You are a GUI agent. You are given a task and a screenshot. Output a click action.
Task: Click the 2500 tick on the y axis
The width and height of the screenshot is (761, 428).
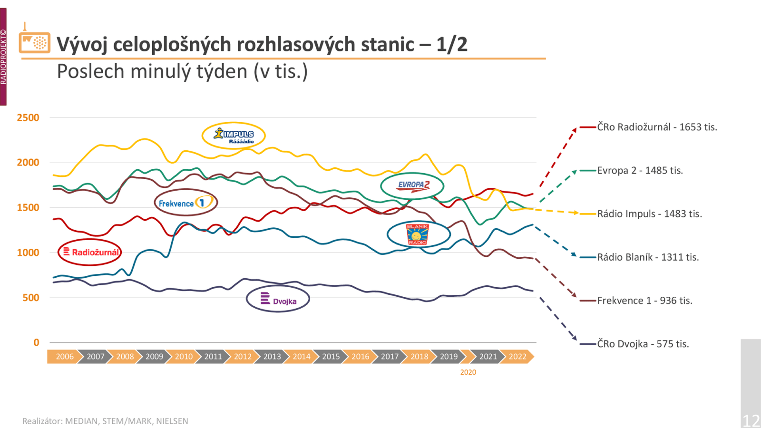pos(28,117)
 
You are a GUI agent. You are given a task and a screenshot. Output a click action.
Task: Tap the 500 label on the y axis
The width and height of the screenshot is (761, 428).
pos(31,298)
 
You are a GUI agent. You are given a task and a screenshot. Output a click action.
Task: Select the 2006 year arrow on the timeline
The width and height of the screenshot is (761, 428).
pos(65,357)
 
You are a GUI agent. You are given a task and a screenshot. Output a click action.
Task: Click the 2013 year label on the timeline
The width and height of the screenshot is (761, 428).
pos(272,357)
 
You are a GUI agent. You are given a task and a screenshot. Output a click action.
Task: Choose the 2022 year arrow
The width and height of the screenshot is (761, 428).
pos(517,357)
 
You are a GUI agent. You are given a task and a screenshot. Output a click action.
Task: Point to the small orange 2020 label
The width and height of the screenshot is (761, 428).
pos(468,372)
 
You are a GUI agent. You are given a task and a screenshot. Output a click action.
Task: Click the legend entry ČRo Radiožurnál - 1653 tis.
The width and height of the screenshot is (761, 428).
pos(657,127)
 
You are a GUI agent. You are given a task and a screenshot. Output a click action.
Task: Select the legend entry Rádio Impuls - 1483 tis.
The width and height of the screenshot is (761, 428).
pos(650,214)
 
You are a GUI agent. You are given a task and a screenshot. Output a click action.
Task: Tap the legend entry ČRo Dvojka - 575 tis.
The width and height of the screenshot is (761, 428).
pos(643,344)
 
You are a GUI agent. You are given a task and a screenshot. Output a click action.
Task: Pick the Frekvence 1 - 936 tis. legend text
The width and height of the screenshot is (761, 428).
pos(644,300)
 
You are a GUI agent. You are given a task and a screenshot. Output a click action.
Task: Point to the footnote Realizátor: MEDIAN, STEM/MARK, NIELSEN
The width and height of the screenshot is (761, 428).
pos(105,421)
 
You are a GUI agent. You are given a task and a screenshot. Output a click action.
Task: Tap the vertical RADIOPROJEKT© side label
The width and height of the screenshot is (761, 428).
pos(3,57)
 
